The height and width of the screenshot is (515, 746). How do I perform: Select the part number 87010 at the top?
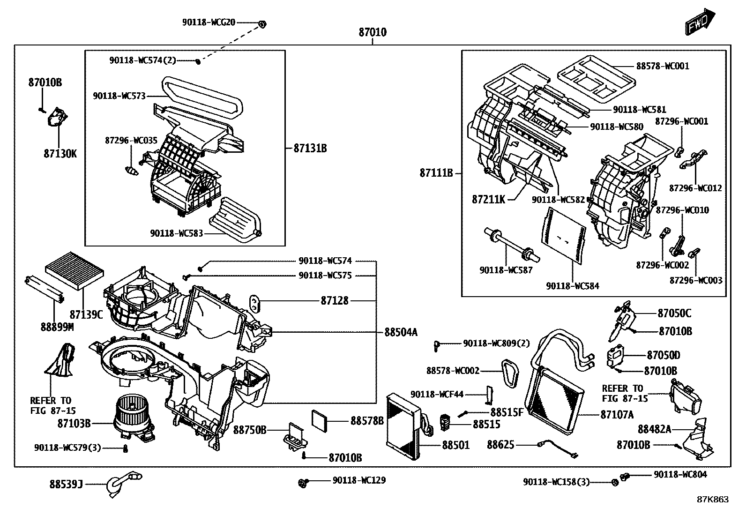click(373, 32)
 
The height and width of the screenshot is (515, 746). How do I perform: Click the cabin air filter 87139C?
click(74, 271)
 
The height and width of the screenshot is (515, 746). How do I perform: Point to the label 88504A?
click(401, 332)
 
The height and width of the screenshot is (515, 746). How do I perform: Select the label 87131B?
click(310, 148)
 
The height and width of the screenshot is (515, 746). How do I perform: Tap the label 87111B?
click(436, 173)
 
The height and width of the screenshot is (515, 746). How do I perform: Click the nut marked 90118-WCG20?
click(262, 23)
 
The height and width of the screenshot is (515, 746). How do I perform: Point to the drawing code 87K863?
click(713, 500)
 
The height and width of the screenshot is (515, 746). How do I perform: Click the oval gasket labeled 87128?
click(255, 304)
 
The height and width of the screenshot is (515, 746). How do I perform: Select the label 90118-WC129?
click(359, 480)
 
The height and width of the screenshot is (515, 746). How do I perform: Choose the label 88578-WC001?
click(663, 66)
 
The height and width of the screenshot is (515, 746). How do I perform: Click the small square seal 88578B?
click(320, 421)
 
